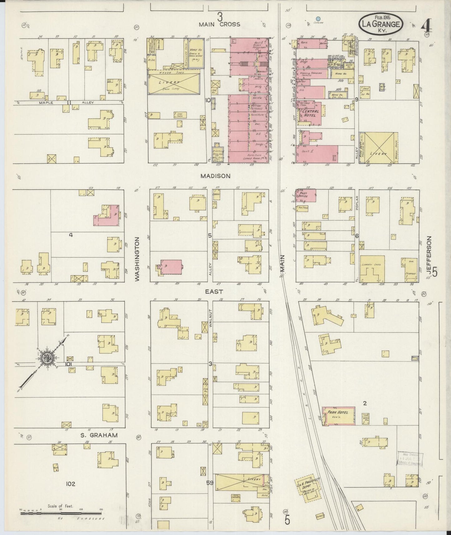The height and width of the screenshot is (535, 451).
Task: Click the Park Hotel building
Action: tap(339, 415)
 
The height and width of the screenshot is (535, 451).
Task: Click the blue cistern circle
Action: tap(318, 19)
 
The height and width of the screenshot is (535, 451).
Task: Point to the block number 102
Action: tap(71, 484)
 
